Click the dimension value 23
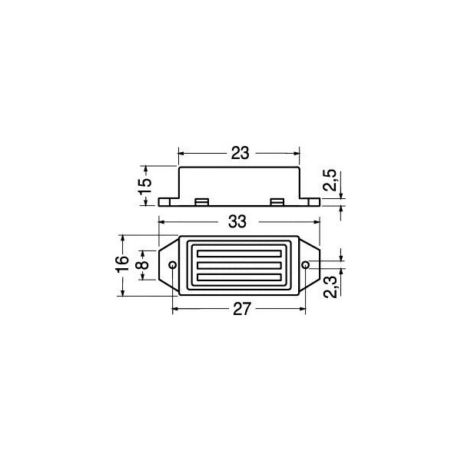(x=240, y=153)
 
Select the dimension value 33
(x=237, y=222)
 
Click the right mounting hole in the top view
(x=307, y=266)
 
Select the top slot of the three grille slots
(x=238, y=254)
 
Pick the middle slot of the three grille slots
(x=238, y=266)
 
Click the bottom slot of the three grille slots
(x=238, y=277)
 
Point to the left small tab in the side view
(x=202, y=201)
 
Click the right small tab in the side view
(x=277, y=201)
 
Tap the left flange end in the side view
(x=165, y=202)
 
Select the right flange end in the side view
(x=313, y=202)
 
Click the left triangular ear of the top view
(x=169, y=266)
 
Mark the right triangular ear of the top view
(x=309, y=266)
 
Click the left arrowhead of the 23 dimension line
(x=182, y=153)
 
